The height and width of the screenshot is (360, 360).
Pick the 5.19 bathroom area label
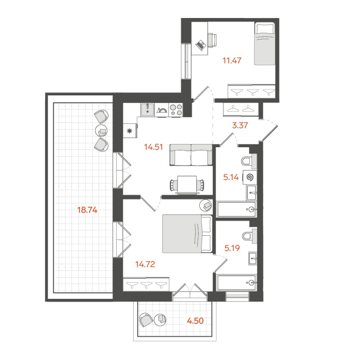click(233, 247)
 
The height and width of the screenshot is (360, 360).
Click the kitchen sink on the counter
click(148, 109)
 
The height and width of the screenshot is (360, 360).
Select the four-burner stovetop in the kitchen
click(175, 109)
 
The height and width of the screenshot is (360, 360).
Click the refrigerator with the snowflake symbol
click(130, 131)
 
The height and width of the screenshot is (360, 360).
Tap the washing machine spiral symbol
click(249, 177)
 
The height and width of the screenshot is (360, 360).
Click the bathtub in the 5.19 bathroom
click(237, 283)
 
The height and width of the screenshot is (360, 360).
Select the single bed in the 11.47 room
click(265, 45)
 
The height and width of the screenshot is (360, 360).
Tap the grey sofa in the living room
click(191, 155)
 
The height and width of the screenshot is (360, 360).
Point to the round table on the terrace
click(101, 131)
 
